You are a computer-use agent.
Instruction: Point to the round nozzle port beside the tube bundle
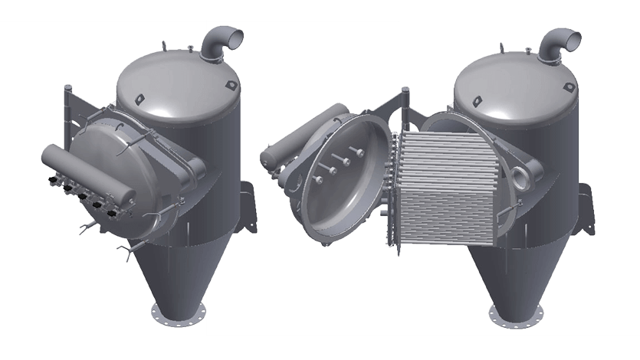pyautogui.click(x=523, y=175)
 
